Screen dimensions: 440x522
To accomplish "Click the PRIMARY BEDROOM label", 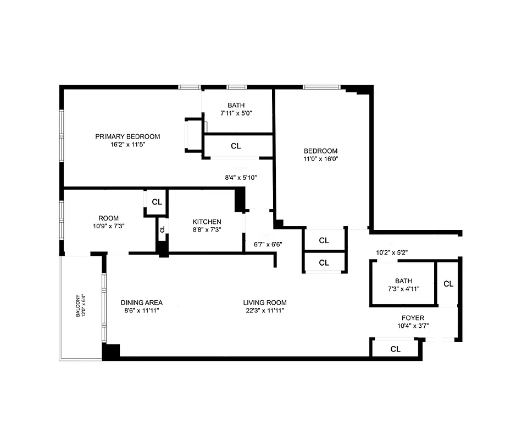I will point(127,136).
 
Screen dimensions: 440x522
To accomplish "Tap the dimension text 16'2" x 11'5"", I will point(127,145).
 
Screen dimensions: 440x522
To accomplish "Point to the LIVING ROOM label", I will point(265,302).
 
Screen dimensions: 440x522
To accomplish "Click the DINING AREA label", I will point(142,302).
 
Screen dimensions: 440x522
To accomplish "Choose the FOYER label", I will point(413,318).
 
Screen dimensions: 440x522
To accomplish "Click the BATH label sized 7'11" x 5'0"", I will point(236,106).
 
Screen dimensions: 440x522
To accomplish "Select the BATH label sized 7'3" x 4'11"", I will point(403,280).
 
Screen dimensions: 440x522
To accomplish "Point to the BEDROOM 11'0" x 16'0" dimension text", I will point(321,159).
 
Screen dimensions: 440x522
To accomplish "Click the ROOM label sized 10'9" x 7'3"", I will point(108,218).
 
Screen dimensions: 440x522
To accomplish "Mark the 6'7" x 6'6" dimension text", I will point(268,244).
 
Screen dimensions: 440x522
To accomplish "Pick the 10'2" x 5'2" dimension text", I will point(391,253).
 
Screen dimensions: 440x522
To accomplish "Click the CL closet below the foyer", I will point(395,349).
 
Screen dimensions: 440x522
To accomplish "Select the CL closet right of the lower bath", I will point(448,284).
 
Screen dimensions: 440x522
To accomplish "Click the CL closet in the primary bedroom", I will point(236,146).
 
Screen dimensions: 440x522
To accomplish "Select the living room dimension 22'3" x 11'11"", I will point(265,311).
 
